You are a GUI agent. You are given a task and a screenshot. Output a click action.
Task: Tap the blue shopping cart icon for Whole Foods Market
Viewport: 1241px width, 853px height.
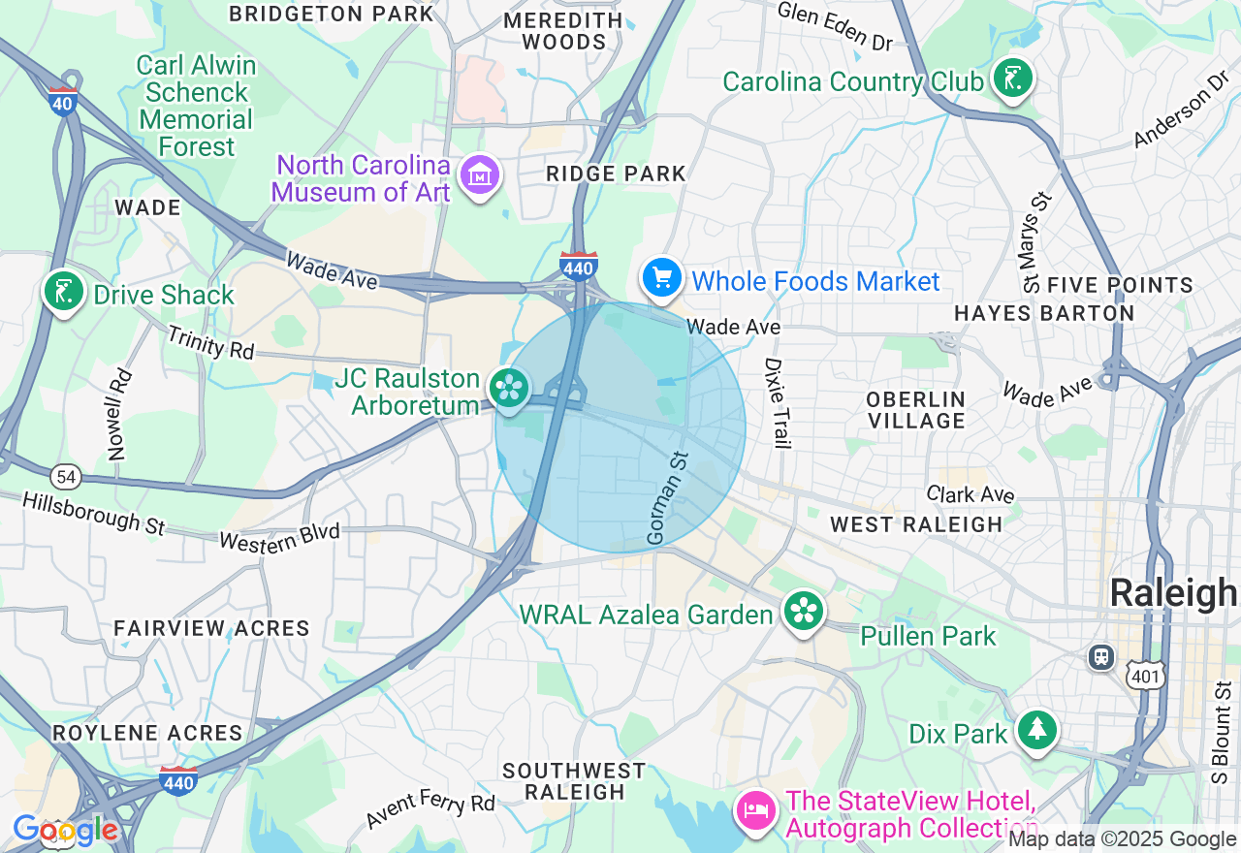(662, 278)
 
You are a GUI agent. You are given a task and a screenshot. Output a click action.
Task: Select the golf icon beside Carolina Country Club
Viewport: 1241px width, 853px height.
(1012, 78)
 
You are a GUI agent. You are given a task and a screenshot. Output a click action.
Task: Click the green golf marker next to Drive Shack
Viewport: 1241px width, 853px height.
(63, 291)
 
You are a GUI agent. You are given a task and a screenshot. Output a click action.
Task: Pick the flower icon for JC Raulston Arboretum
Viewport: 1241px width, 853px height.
(508, 389)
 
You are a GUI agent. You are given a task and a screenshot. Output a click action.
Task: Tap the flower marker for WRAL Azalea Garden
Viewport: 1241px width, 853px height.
(804, 611)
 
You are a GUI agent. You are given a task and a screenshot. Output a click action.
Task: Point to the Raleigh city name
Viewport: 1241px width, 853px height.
(1173, 593)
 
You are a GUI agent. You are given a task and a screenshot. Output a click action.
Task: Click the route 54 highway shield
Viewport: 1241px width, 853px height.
(66, 477)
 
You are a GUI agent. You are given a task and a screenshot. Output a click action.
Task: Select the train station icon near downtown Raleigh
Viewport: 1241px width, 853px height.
(1100, 657)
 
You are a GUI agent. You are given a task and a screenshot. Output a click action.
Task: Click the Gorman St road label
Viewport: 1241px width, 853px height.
(667, 497)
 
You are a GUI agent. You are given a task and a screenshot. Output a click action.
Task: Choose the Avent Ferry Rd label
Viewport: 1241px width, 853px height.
(430, 809)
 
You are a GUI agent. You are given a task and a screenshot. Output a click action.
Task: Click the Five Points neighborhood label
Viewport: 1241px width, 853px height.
(1121, 285)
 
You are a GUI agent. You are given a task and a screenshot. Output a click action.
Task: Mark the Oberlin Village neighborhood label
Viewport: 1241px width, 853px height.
(916, 410)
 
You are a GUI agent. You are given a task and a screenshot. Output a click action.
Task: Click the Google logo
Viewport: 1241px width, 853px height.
(65, 831)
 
